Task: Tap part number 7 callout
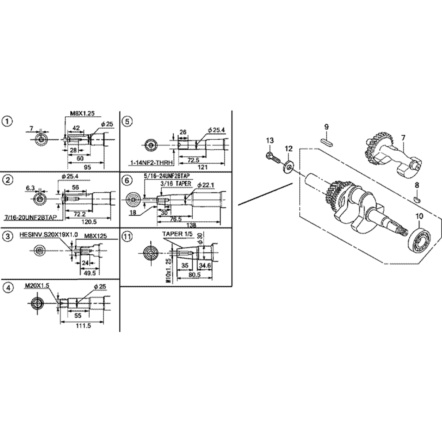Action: pos(403,137)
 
